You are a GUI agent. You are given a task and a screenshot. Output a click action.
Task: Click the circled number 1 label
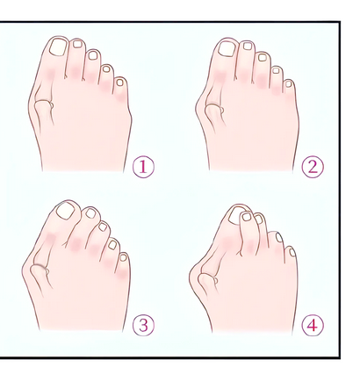point(143,167)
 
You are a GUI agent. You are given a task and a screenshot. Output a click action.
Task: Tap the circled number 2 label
point(313,167)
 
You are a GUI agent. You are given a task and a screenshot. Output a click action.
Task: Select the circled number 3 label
point(143,325)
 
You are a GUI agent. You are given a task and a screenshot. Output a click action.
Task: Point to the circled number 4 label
point(313,325)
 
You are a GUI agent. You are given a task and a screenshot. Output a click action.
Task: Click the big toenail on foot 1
point(58,47)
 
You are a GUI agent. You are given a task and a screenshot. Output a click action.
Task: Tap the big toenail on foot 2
point(227,48)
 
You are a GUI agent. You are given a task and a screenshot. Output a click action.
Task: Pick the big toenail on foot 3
point(65,211)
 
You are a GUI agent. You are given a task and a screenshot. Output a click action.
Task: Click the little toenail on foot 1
point(119,83)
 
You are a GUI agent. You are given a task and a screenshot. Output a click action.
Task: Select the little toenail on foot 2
point(289,84)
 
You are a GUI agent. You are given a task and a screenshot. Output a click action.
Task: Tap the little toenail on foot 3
point(124,257)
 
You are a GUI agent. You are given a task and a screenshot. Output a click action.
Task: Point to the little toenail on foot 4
point(292,252)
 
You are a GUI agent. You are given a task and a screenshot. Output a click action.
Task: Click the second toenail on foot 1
point(77,44)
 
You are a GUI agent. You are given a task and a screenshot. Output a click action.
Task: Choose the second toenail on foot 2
point(248,46)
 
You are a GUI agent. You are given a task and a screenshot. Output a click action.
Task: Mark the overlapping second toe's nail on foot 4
point(247,217)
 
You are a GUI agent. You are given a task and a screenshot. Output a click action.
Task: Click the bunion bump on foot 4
point(195,274)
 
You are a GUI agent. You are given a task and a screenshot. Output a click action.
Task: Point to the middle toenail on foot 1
point(93,55)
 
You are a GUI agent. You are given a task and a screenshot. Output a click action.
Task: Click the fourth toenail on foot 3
point(112,245)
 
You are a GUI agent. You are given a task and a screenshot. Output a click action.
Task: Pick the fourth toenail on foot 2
point(276,70)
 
